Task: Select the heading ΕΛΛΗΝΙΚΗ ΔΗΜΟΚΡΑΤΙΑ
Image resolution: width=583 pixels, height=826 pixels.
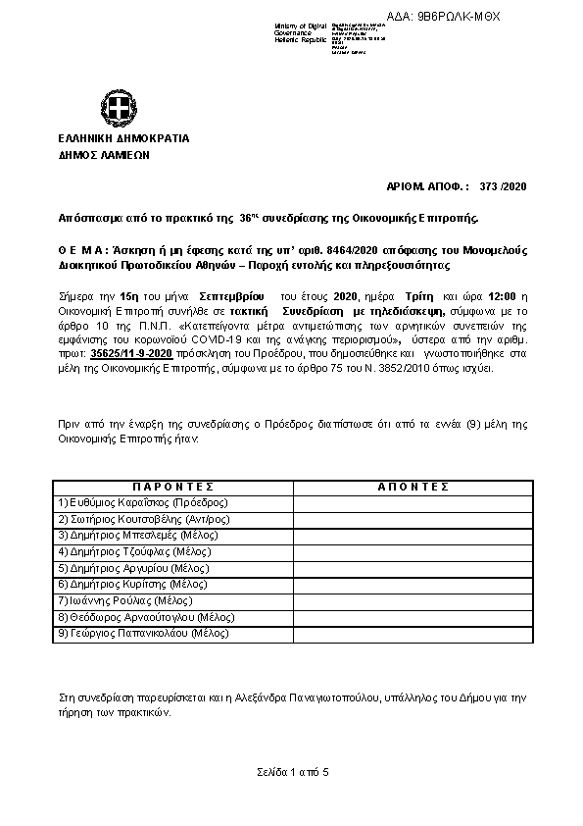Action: click(x=123, y=139)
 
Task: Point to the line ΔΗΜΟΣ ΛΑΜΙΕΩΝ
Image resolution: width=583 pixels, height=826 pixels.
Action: click(x=106, y=154)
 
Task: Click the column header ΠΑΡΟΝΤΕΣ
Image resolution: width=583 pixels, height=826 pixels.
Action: click(x=172, y=487)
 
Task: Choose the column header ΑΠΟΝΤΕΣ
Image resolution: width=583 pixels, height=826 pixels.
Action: click(x=413, y=487)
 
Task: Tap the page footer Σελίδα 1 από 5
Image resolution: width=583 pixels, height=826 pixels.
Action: click(x=291, y=773)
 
